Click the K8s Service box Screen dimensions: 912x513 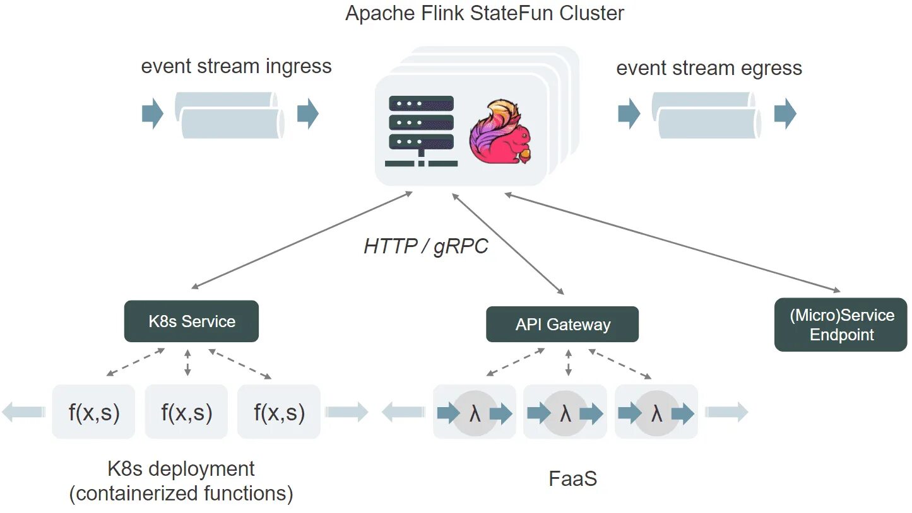pos(191,321)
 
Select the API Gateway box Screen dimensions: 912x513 pos(562,324)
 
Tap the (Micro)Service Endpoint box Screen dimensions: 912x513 pos(841,325)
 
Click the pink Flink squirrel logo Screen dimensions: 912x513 pos(500,131)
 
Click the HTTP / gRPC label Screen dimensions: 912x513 pos(426,246)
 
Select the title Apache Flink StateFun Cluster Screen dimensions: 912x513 pos(485,13)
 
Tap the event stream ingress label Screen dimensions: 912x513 pos(236,66)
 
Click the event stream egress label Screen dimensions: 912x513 pos(709,68)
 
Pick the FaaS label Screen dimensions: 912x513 pos(573,478)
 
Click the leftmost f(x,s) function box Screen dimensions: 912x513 pos(93,412)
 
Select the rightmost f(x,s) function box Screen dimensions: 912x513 pos(279,412)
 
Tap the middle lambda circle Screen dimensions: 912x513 pos(565,413)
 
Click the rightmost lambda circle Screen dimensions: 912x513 pos(656,413)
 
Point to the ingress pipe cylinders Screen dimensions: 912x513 pos(230,115)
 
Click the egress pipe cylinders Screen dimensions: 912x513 pos(706,115)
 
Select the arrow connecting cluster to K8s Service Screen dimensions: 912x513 pos(302,240)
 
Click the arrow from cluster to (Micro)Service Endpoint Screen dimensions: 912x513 pos(672,243)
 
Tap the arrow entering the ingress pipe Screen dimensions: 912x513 pos(153,113)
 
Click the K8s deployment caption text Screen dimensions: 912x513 pos(181,481)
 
